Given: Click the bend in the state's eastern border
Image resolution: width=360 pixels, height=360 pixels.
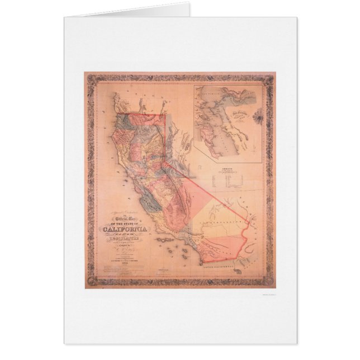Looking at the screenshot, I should pos(166,163).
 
